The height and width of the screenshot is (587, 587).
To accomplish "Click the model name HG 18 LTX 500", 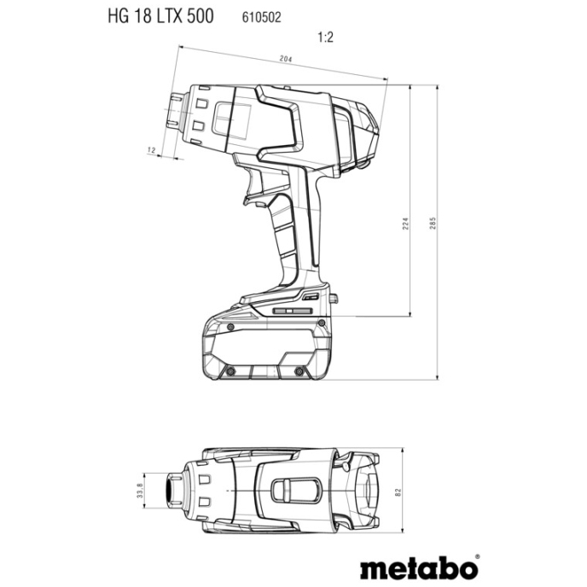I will tap(161, 16).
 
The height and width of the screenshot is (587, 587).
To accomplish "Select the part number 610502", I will tap(248, 17).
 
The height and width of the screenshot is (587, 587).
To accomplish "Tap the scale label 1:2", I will tap(324, 38).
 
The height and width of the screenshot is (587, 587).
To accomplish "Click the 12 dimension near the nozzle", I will tap(151, 150).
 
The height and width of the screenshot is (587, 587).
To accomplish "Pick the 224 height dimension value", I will tap(406, 223).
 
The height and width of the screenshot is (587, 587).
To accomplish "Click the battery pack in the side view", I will tap(265, 346).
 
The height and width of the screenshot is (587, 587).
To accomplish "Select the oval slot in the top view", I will tap(295, 490).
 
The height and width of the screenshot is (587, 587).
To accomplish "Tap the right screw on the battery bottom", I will tap(300, 371).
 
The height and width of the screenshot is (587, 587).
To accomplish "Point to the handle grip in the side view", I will tap(294, 230).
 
